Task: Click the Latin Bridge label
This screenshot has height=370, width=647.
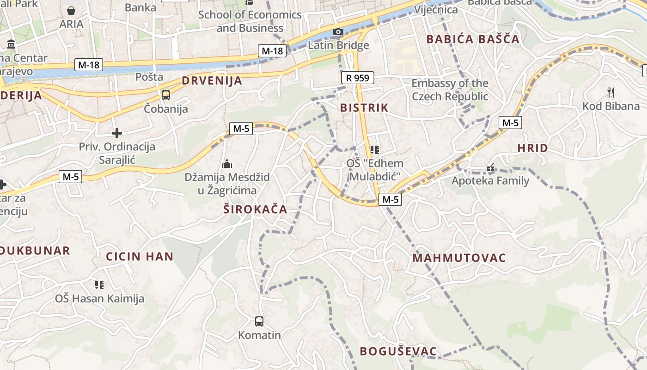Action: click(338, 45)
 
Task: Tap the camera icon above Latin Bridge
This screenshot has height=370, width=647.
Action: click(338, 31)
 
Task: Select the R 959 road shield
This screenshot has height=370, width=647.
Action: click(357, 78)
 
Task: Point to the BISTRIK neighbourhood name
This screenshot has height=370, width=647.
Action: click(364, 108)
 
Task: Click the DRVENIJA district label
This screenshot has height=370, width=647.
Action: click(212, 80)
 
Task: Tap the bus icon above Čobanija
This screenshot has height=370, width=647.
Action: click(165, 95)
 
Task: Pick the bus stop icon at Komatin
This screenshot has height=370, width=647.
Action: click(259, 321)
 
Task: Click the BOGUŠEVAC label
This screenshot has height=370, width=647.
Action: click(398, 351)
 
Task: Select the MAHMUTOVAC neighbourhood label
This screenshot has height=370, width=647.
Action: click(459, 258)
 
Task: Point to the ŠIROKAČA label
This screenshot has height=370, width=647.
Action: click(255, 210)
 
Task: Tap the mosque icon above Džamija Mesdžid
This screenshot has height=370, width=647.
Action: click(226, 164)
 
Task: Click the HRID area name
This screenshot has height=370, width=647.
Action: click(532, 148)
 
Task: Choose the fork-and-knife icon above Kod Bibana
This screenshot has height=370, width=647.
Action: click(611, 92)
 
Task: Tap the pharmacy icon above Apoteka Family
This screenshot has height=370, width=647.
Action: click(490, 168)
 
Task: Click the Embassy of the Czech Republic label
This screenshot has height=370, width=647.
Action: click(450, 90)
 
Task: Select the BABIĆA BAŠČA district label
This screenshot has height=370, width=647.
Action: click(473, 39)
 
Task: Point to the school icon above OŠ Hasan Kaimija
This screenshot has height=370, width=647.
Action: click(99, 284)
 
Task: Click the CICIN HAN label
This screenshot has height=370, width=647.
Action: click(140, 257)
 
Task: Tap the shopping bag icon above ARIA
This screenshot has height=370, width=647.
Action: click(71, 10)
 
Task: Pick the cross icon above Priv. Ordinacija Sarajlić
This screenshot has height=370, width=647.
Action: click(117, 133)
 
